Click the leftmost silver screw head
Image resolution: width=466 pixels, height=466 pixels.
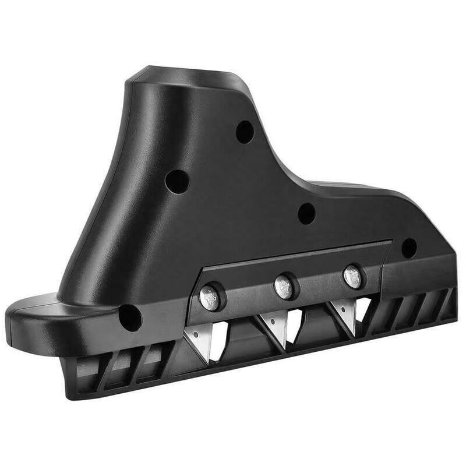point(209,296)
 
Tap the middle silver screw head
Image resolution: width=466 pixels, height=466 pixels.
point(284,287)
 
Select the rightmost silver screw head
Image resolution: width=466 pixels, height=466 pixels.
point(352,276)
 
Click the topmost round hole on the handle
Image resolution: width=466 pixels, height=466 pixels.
point(245,132)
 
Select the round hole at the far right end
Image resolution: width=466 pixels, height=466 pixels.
point(409,248)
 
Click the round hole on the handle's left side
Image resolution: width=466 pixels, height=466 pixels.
point(177,182)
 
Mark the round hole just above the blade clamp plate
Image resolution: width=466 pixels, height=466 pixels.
point(306,214)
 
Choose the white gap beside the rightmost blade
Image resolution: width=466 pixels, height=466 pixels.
point(363,309)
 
